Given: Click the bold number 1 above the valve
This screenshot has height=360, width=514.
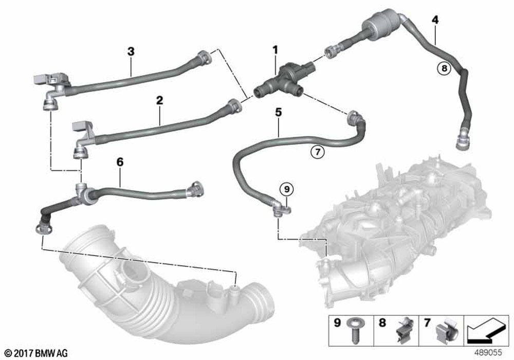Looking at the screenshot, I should pos(275,50).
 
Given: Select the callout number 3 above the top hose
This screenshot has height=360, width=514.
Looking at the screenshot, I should pos(131,51).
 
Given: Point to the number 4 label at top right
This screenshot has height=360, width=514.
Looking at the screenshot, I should pos(435,20).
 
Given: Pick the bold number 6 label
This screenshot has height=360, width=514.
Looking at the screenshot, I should pos(120,162).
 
